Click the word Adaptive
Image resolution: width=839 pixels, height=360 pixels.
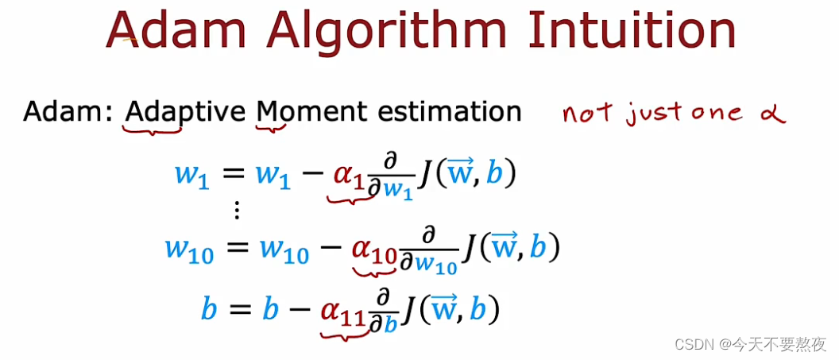pyautogui.click(x=185, y=113)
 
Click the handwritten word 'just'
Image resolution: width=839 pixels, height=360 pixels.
pyautogui.click(x=651, y=115)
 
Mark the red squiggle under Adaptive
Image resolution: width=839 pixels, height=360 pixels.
pyautogui.click(x=153, y=129)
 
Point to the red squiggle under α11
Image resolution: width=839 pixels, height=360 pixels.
pyautogui.click(x=345, y=334)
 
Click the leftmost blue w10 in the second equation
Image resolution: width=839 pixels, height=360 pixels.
pyautogui.click(x=189, y=251)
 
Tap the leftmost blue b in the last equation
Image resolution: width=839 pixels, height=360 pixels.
pyautogui.click(x=209, y=309)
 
